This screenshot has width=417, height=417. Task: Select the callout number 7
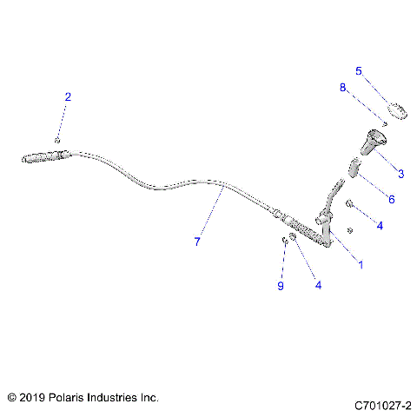click(197, 242)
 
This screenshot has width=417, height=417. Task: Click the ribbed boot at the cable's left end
click(43, 158)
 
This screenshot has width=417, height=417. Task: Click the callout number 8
click(343, 87)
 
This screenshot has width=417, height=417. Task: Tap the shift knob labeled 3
click(375, 141)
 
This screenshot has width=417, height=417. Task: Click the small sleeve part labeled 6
click(355, 168)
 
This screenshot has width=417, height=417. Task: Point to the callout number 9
click(280, 288)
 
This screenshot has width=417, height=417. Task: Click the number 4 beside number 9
click(317, 284)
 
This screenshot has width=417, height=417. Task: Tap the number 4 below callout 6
click(380, 225)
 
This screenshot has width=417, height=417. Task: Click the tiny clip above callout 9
click(284, 241)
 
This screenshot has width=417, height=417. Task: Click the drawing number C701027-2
click(383, 406)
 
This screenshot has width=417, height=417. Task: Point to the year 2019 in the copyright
click(32, 397)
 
